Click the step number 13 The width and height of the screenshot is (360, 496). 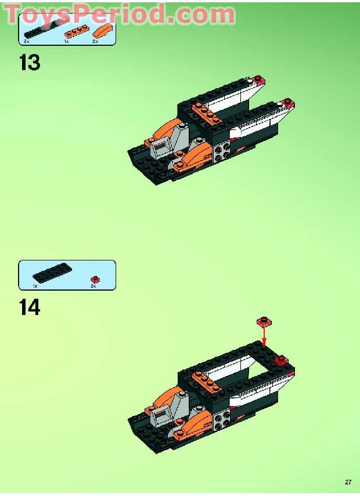click(30, 61)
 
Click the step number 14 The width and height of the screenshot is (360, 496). click(30, 307)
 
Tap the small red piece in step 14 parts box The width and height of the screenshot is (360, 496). click(94, 278)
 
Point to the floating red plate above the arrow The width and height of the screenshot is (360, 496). click(264, 321)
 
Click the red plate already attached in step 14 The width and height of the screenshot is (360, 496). click(283, 360)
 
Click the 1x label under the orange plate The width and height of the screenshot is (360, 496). click(67, 42)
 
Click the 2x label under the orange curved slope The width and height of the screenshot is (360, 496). click(95, 42)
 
